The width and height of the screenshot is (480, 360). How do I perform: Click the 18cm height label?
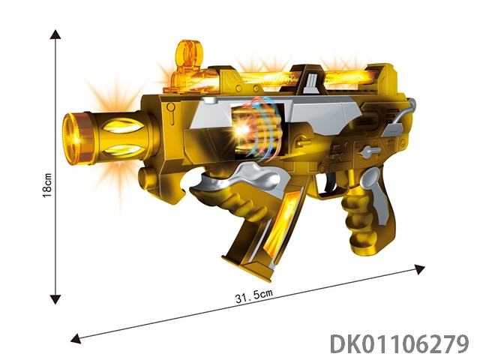click(x=46, y=185)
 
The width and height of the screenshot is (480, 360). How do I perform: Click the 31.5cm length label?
click(x=253, y=295)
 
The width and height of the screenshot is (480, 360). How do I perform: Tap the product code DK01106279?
click(x=400, y=343)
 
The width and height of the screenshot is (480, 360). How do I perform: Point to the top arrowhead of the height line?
click(x=55, y=34)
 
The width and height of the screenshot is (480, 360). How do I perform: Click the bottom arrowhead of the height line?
click(x=55, y=299)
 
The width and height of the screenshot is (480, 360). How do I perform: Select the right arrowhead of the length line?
click(x=420, y=269)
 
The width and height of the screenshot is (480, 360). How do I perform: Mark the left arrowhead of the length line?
click(x=76, y=338)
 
